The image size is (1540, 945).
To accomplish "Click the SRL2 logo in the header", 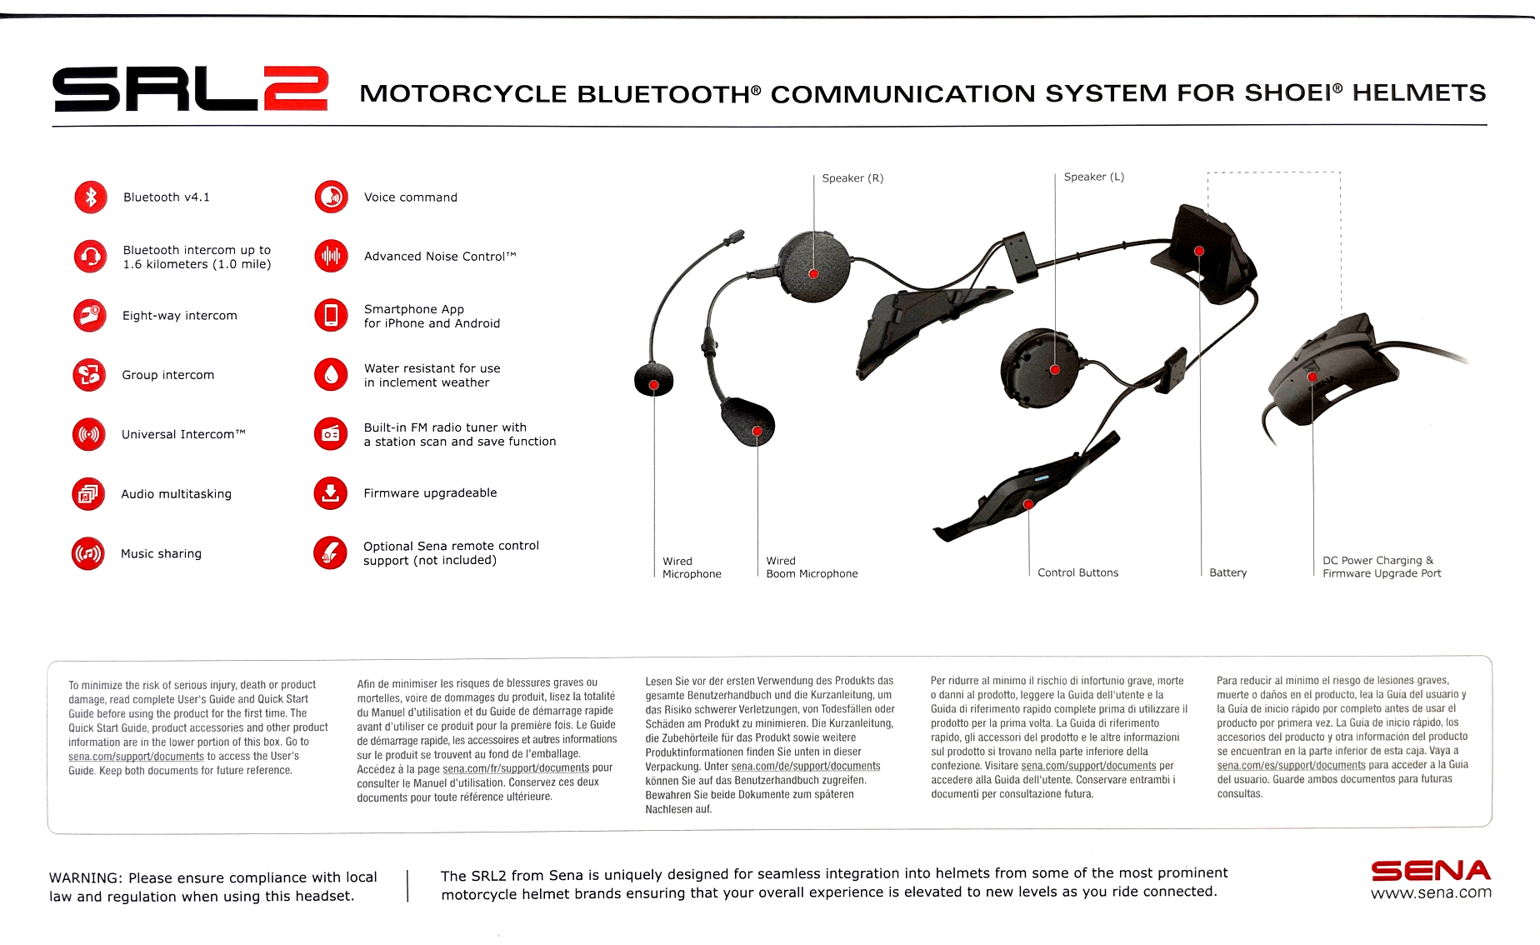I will (190, 89).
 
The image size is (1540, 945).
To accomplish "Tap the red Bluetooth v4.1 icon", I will (91, 197).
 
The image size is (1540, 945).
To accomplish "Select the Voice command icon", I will (331, 197).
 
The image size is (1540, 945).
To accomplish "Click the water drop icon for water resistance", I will (331, 375).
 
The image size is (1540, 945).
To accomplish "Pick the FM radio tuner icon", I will (331, 434).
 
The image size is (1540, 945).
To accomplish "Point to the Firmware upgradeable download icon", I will (331, 493).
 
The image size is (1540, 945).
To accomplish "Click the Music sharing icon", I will (88, 553).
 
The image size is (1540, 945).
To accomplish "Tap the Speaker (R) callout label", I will (852, 178).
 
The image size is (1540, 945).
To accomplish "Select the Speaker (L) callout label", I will (1093, 177).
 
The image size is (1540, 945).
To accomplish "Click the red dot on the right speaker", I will (813, 274).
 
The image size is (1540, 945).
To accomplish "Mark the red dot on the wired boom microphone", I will (757, 431).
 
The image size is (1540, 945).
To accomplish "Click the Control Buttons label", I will (1077, 572).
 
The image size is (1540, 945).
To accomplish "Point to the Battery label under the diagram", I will (1227, 572).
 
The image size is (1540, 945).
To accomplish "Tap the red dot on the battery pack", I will (1198, 251).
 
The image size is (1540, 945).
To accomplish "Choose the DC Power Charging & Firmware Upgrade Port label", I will (1381, 567).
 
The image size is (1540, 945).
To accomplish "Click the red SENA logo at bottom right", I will (1430, 871).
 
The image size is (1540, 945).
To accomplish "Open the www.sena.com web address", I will (1430, 893).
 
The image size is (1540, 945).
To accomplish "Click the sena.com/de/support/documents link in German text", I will (805, 767).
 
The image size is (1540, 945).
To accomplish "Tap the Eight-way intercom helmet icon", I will (89, 316).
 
